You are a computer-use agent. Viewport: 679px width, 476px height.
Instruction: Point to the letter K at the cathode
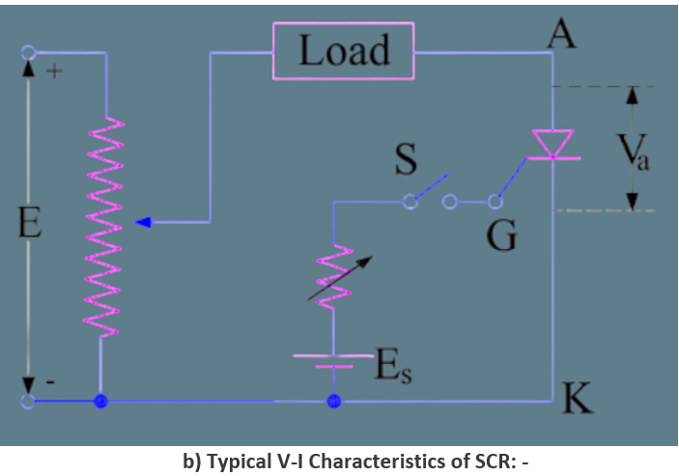pyautogui.click(x=577, y=397)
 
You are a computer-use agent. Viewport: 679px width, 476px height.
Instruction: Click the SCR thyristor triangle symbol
pyautogui.click(x=553, y=144)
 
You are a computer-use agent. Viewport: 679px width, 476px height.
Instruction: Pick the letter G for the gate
pyautogui.click(x=501, y=235)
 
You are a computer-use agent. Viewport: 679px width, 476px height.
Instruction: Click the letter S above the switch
pyautogui.click(x=406, y=161)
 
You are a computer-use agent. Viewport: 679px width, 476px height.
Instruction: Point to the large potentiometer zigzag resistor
pyautogui.click(x=101, y=227)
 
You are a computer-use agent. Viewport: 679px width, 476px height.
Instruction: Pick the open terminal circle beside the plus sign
pyautogui.click(x=28, y=52)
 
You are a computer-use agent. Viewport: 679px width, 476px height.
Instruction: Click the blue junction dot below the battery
pyautogui.click(x=334, y=401)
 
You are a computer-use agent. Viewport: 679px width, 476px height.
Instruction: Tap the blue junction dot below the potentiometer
pyautogui.click(x=99, y=401)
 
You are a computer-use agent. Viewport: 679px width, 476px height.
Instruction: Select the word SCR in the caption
pyautogui.click(x=490, y=461)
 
